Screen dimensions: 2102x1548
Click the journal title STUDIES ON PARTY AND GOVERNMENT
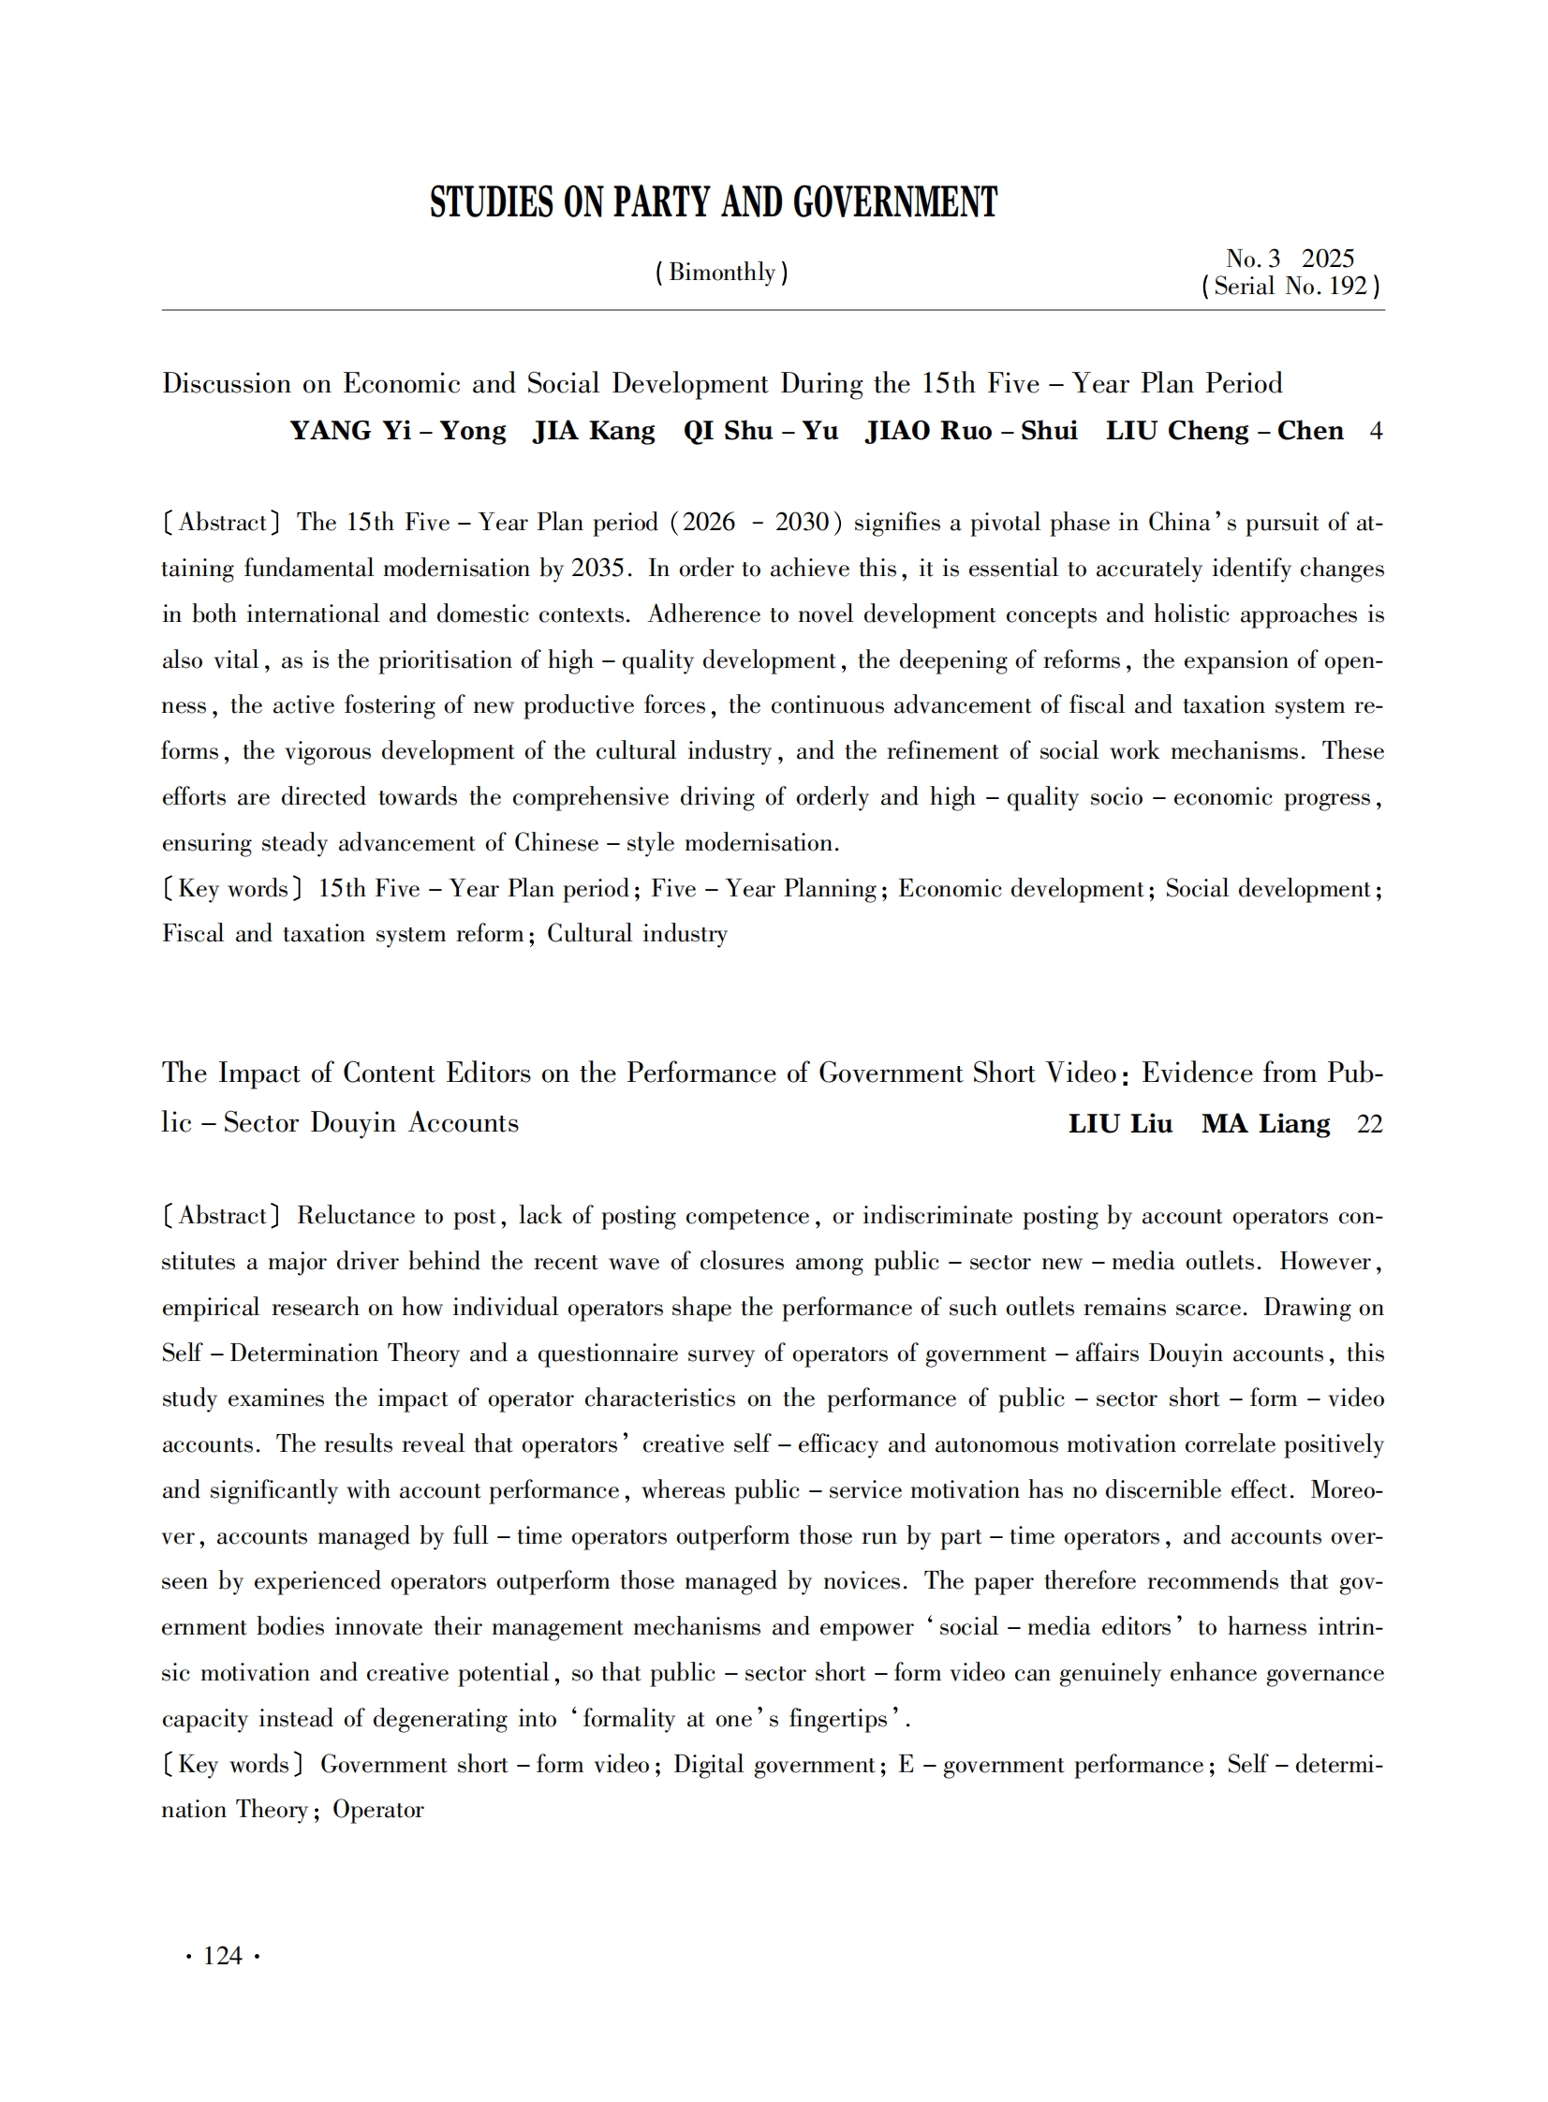(x=713, y=202)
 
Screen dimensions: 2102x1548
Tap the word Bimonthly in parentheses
(x=721, y=273)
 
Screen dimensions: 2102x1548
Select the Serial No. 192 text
(x=1290, y=287)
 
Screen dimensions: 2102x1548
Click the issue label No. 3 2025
(x=1290, y=259)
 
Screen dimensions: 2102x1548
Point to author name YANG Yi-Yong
(x=397, y=431)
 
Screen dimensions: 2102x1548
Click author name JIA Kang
(x=594, y=431)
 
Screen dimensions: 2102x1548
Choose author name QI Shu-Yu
(x=759, y=431)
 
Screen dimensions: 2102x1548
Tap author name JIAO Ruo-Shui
(x=971, y=431)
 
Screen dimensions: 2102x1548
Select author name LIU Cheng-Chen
(x=1224, y=431)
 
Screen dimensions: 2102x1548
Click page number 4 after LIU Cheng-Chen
(x=1376, y=431)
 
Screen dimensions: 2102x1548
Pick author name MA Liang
(x=1265, y=1124)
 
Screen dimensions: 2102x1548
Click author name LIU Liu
(x=1120, y=1124)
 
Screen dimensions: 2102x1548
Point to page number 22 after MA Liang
(x=1369, y=1124)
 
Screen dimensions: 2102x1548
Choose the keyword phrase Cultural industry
(x=637, y=934)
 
